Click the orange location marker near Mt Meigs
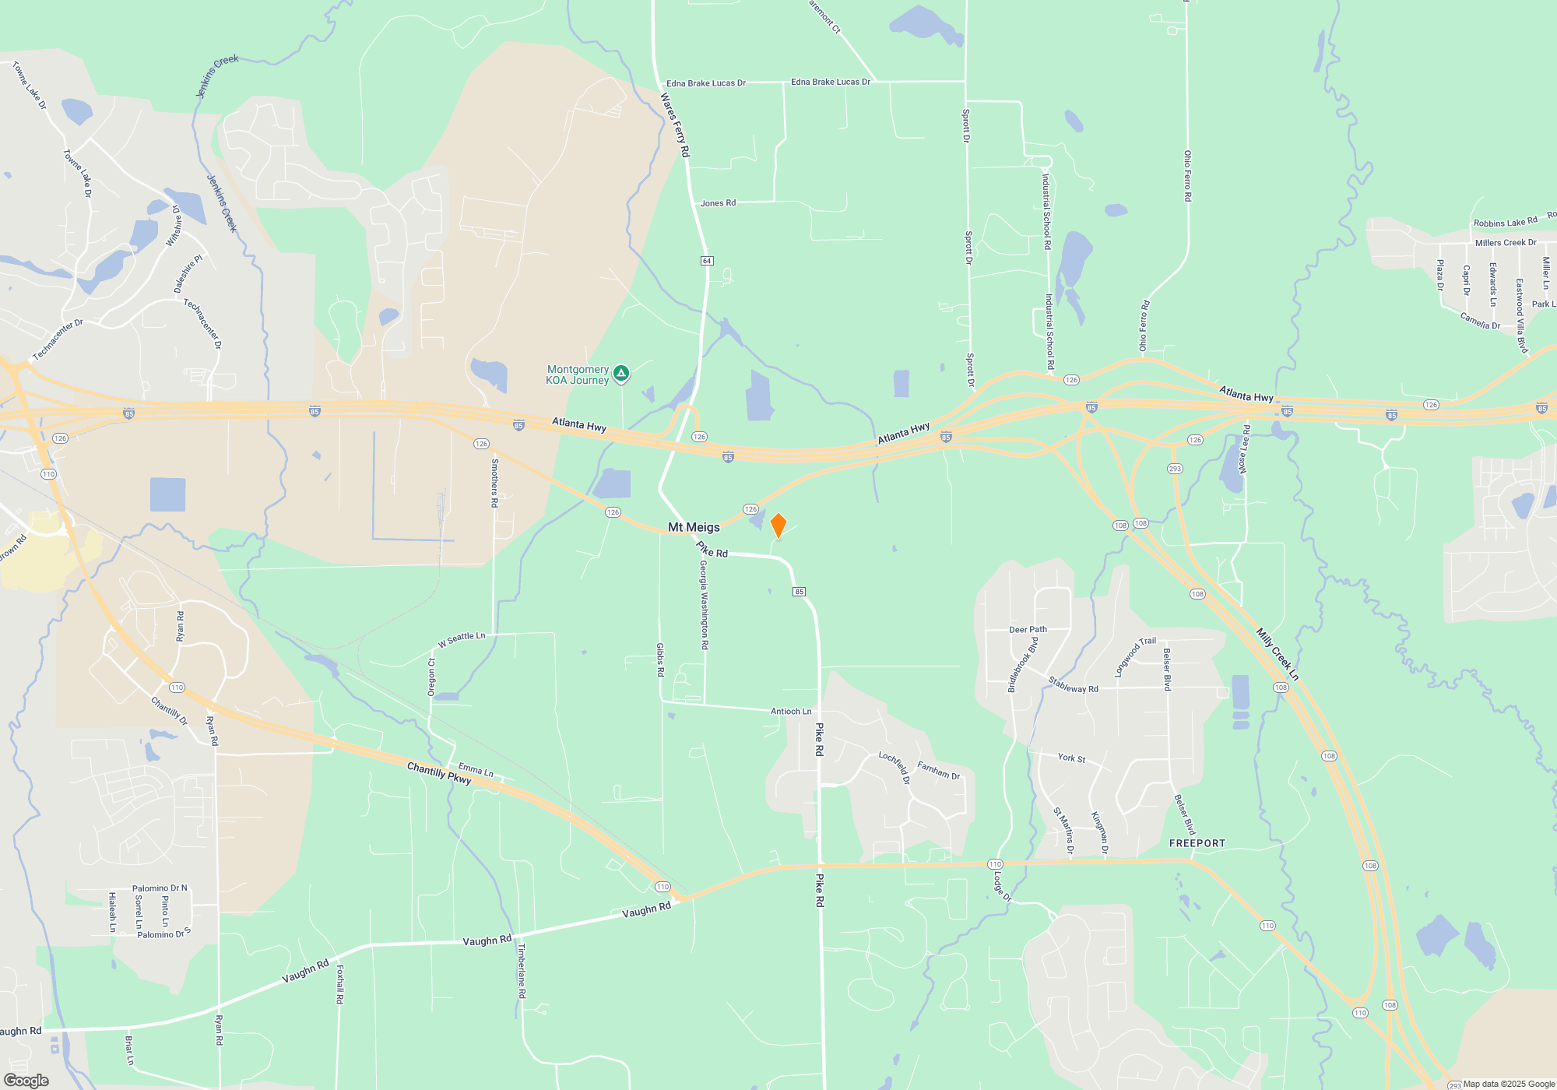tap(778, 525)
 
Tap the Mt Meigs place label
tap(694, 527)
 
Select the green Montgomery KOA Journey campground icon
tap(620, 374)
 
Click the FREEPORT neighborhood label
tap(1197, 843)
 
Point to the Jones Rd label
tap(718, 203)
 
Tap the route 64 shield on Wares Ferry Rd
tap(707, 260)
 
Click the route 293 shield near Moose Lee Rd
tap(1175, 469)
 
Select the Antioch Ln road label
tap(791, 711)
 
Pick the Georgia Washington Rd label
tap(704, 605)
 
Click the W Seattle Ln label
tap(462, 639)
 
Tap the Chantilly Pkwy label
tap(439, 773)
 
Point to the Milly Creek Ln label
tap(1278, 654)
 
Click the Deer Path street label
tap(1028, 629)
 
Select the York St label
tap(1071, 758)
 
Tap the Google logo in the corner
tap(26, 1081)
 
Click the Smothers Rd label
tap(494, 483)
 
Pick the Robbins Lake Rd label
tap(1505, 223)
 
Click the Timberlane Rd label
tap(522, 971)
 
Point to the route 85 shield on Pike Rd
tap(799, 592)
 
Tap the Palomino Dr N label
tap(160, 888)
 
